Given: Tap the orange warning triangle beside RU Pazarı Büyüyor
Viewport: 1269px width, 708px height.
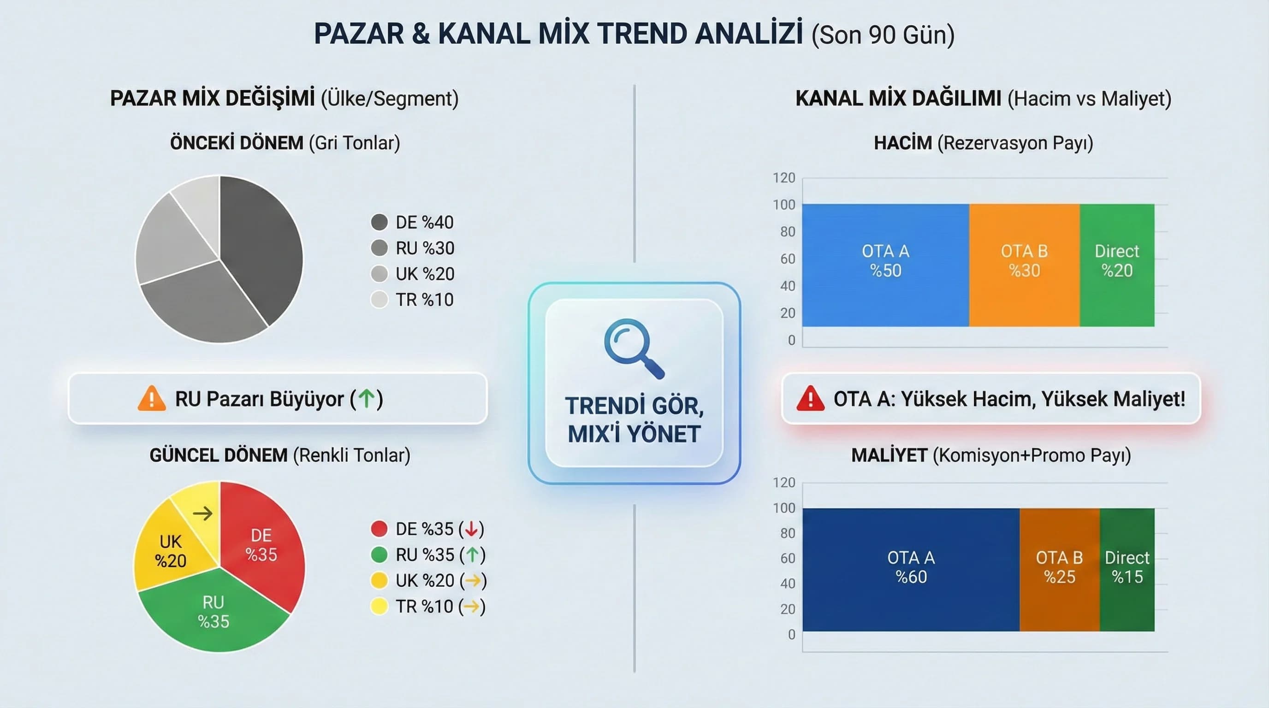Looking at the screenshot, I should pyautogui.click(x=152, y=399).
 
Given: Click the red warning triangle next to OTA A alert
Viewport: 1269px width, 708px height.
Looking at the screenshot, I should pyautogui.click(x=810, y=399).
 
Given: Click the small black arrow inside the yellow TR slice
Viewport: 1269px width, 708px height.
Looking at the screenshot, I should pyautogui.click(x=202, y=513).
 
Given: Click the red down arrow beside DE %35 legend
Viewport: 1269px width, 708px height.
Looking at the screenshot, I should pyautogui.click(x=471, y=529).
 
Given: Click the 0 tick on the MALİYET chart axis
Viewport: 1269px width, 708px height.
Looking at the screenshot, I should pyautogui.click(x=791, y=634).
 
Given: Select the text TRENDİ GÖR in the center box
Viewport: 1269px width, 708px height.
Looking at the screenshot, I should pyautogui.click(x=634, y=406).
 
